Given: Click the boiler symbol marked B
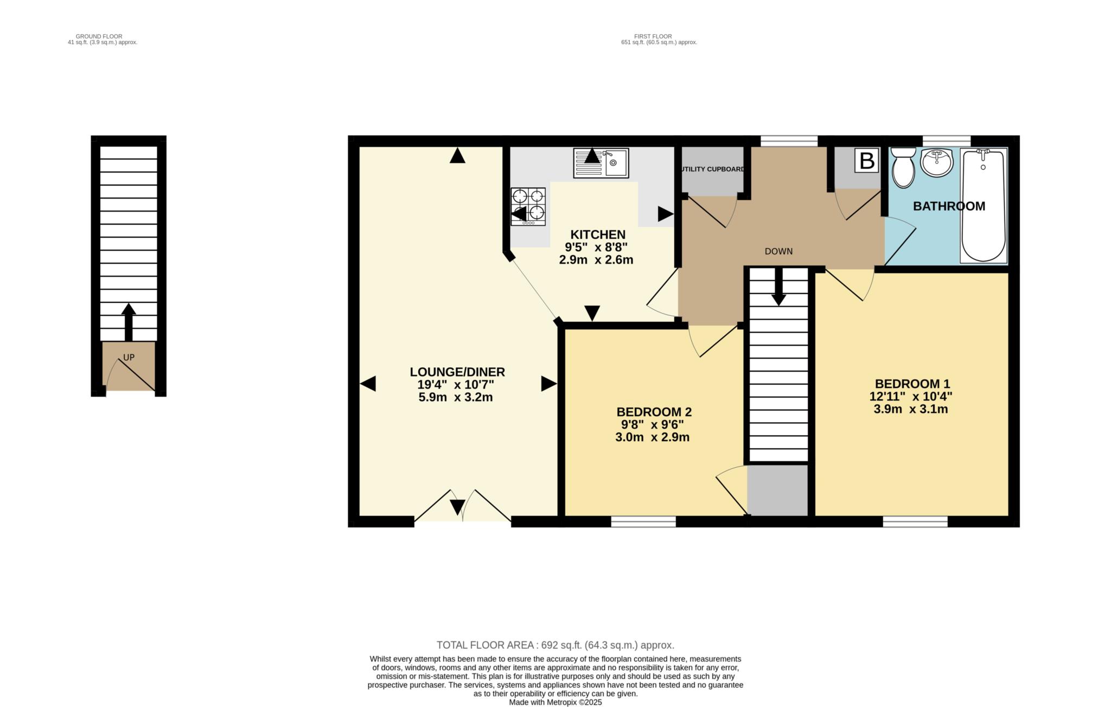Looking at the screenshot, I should [866, 161].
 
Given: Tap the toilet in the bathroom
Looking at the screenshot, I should [903, 168].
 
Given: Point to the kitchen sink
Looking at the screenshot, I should [601, 162].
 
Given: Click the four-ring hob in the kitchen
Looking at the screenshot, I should [528, 206].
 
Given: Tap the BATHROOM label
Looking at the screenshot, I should [949, 206].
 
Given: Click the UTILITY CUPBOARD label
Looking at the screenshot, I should [711, 169].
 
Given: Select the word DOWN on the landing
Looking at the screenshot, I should [778, 251].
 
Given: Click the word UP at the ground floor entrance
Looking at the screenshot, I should [129, 358].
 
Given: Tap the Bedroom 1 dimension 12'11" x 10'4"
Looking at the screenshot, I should [910, 397].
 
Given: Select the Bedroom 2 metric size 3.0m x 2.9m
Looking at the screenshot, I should [652, 437].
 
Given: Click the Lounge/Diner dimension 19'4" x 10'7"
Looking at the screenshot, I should [455, 385].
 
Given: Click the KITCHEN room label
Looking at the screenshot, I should [597, 234].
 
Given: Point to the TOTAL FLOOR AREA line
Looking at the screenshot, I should [555, 645].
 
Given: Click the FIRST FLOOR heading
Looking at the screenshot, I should [653, 36].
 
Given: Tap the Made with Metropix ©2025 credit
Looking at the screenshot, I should [555, 702].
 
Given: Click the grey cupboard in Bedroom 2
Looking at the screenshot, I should [777, 491].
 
